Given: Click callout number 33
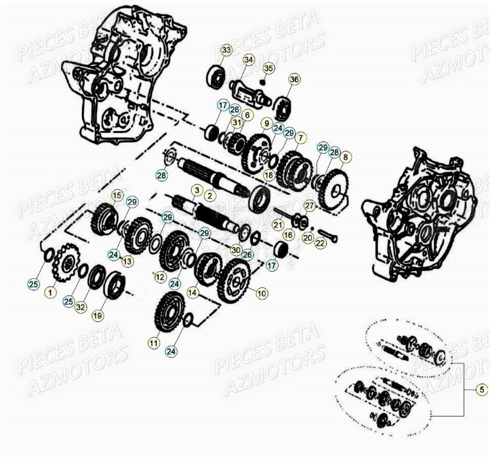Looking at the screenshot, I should [226, 50].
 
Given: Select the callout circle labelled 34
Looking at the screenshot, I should [248, 60].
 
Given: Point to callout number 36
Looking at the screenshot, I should [294, 79].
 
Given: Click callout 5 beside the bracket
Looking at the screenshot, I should [481, 390].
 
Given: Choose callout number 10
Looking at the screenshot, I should [262, 294].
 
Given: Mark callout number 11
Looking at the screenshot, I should [153, 342].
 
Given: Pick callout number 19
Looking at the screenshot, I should [97, 315].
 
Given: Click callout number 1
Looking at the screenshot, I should [50, 293].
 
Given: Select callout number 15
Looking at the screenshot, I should [116, 194].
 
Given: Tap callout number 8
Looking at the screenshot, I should [346, 157].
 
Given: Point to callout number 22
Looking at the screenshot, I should [320, 243].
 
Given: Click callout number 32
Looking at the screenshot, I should [81, 306].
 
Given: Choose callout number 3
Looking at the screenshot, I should [195, 189].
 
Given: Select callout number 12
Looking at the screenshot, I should [159, 277].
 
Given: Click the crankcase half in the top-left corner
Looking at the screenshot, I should [115, 72].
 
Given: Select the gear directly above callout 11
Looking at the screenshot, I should [168, 312].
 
